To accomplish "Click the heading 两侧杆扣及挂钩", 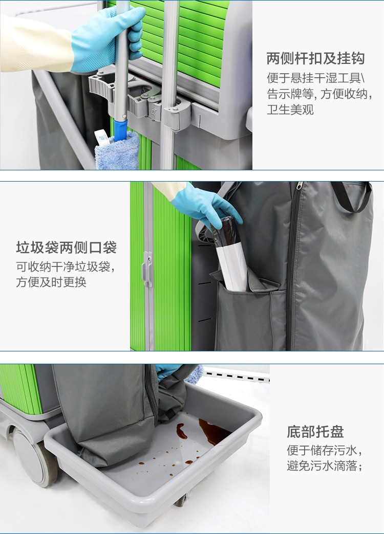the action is pyautogui.click(x=315, y=59).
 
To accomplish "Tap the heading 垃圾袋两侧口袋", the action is pyautogui.click(x=66, y=248).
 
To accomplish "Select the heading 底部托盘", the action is pyautogui.click(x=315, y=432).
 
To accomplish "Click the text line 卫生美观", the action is pyautogui.click(x=290, y=109).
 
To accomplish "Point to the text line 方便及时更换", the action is pyautogui.click(x=51, y=282).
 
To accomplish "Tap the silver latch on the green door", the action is pyautogui.click(x=147, y=269).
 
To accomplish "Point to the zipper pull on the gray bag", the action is pyautogui.click(x=300, y=186).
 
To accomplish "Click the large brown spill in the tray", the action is pyautogui.click(x=214, y=431).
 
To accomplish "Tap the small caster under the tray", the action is pyautogui.click(x=181, y=500).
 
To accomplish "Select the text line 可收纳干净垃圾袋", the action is pyautogui.click(x=65, y=266).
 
